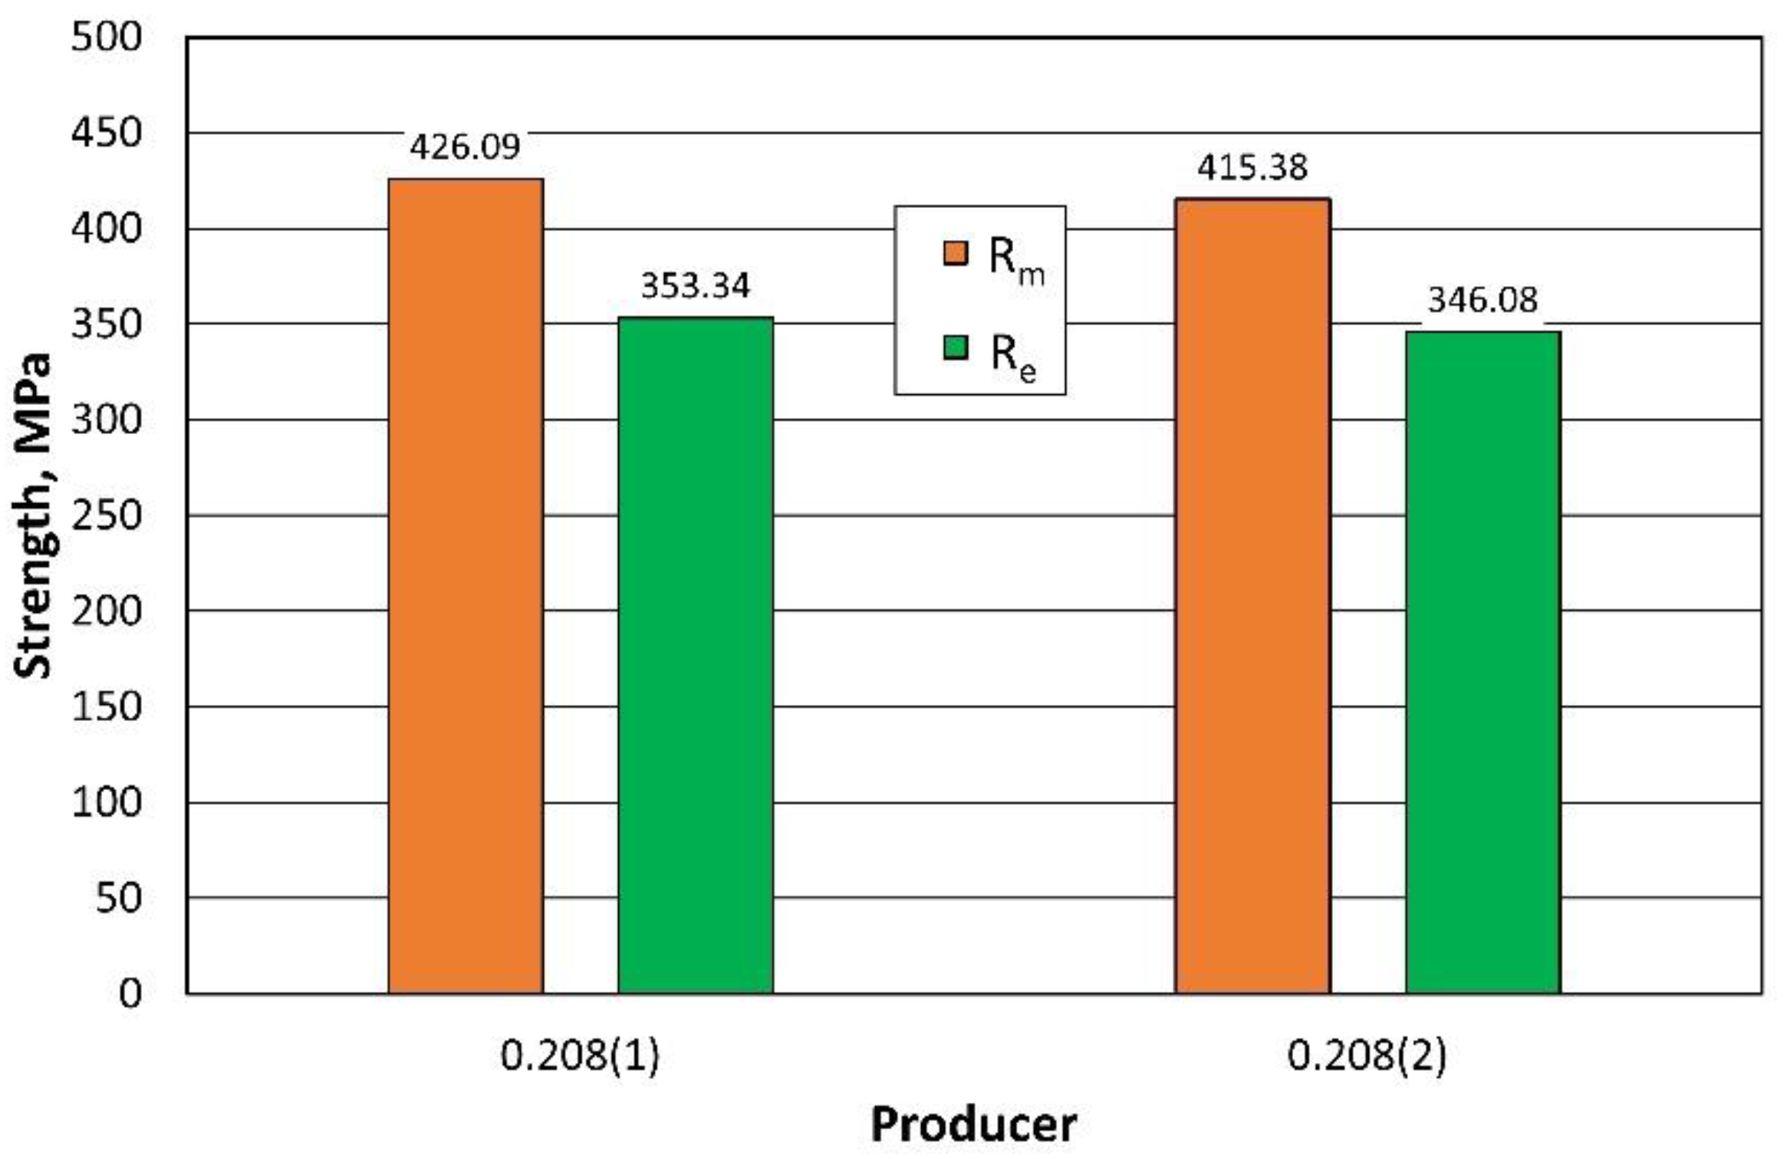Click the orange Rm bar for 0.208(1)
[466, 586]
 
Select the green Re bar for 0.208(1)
[696, 655]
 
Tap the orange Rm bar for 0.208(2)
[1252, 596]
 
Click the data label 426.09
[465, 147]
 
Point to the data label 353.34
[695, 286]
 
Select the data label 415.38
[1252, 167]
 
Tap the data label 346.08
[1482, 300]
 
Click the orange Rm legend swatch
[955, 252]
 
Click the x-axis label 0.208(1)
[580, 1056]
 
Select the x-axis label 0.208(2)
[1367, 1056]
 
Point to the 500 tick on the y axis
[107, 37]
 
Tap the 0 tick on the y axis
[130, 994]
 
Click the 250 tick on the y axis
[107, 515]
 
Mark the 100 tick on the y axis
[107, 803]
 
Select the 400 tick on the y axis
[107, 229]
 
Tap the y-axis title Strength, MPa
[33, 515]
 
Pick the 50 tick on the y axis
[118, 898]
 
